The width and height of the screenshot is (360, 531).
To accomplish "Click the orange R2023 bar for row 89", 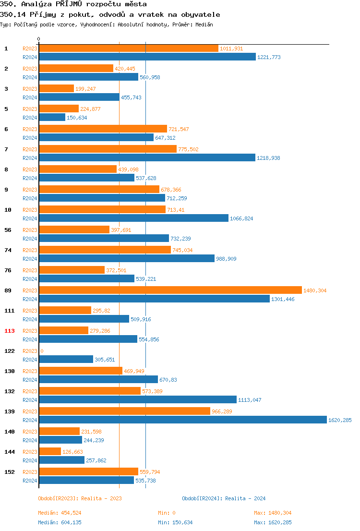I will pyautogui.click(x=170, y=290).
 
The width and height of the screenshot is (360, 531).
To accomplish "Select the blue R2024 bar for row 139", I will pyautogui.click(x=183, y=420).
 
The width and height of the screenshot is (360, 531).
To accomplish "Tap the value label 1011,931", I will pyautogui.click(x=231, y=48).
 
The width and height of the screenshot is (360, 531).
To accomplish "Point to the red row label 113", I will pyautogui.click(x=10, y=331).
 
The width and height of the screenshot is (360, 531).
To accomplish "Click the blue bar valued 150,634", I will pyautogui.click(x=52, y=117).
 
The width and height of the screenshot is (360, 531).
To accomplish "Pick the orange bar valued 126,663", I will pyautogui.click(x=50, y=451).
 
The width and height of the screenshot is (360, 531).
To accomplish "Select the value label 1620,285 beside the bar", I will pyautogui.click(x=340, y=420).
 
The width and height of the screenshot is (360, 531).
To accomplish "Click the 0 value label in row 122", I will pyautogui.click(x=42, y=351).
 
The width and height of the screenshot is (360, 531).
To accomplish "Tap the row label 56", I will pyautogui.click(x=8, y=230).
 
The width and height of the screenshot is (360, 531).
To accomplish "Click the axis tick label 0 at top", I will pyautogui.click(x=39, y=39).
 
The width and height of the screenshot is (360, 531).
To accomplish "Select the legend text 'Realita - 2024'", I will pyautogui.click(x=245, y=498).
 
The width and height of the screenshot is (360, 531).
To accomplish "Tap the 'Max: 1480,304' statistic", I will pyautogui.click(x=273, y=513).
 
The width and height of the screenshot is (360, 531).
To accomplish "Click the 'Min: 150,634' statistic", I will pyautogui.click(x=177, y=522).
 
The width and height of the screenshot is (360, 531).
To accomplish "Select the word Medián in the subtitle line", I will pyautogui.click(x=204, y=24).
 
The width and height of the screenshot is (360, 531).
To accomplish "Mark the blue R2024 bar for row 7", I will pyautogui.click(x=147, y=157).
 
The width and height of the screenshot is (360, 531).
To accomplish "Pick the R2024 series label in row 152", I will pyautogui.click(x=30, y=480).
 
